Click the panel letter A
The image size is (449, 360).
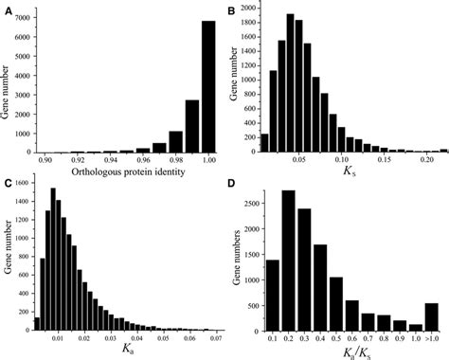coord(7,7)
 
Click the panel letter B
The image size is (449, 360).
coord(232,9)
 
